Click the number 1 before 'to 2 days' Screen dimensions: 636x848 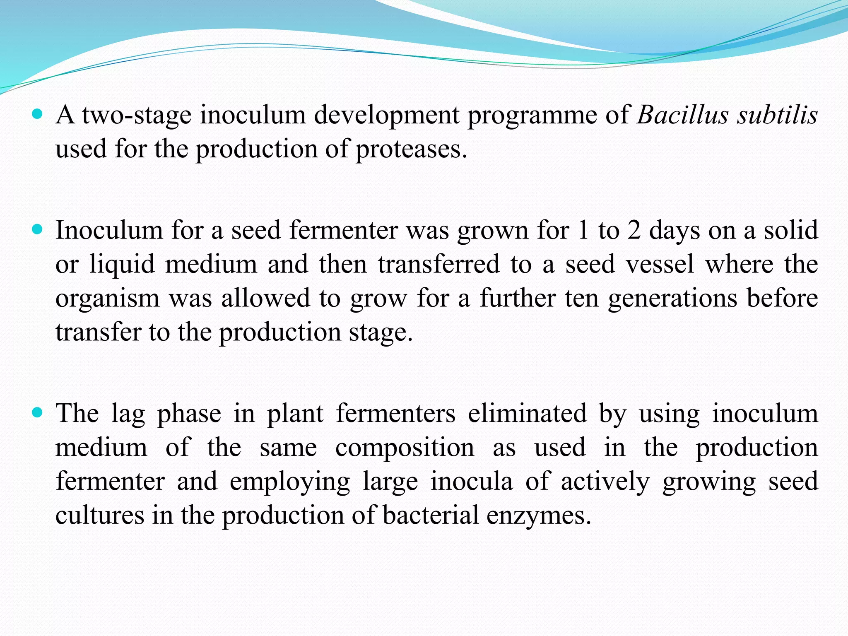click(583, 230)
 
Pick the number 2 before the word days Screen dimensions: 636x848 click(634, 230)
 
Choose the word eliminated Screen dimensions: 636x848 click(527, 413)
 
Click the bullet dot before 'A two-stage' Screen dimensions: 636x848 click(37, 114)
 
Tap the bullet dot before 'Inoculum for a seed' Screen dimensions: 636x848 click(37, 229)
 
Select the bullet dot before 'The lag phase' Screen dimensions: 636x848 click(37, 412)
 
